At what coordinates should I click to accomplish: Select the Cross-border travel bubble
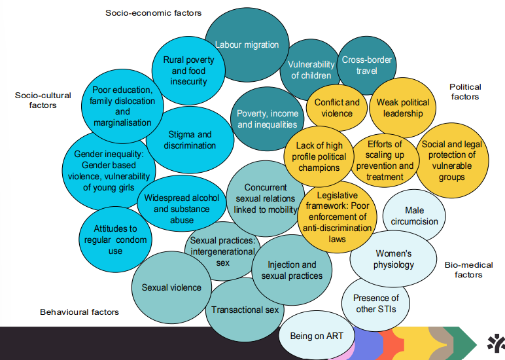coord(367,65)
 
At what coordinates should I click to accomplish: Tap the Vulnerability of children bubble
coord(310,69)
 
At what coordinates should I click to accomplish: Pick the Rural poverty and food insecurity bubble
coord(188,71)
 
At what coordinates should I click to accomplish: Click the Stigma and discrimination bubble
coord(190,140)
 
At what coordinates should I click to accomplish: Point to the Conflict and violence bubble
coord(337,108)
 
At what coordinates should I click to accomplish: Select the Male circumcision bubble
coord(413,216)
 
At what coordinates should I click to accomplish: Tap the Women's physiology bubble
coord(394,259)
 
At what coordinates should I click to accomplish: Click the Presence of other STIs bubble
coord(375,304)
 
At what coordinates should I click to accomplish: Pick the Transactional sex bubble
coord(244,310)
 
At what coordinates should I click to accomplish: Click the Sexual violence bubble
coord(171,287)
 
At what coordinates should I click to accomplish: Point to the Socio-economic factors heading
coord(153,12)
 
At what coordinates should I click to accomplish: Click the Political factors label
coord(465,92)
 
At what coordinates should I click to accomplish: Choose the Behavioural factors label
coord(79,312)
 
